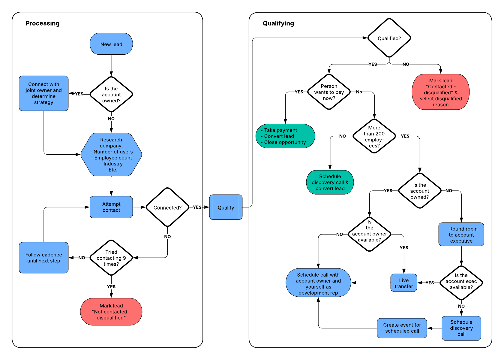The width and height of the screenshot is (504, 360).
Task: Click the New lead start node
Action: point(111,44)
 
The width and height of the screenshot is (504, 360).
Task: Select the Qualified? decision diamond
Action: point(389,38)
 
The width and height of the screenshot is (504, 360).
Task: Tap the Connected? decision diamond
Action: point(167,207)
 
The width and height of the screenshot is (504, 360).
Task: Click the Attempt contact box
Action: point(111,207)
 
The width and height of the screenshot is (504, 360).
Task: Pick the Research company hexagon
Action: point(111,155)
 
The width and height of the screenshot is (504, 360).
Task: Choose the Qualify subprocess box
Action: point(226,207)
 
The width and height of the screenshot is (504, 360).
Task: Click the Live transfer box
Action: point(404,283)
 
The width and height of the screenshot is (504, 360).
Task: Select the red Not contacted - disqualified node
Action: point(111,312)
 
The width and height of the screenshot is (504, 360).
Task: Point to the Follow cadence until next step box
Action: point(44,258)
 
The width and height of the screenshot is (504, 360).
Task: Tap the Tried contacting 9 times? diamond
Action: point(111,258)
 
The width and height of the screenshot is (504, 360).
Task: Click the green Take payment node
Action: point(285,136)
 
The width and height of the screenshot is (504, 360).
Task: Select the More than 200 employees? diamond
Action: point(374,136)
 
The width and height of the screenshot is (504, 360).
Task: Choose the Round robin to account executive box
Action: point(461,234)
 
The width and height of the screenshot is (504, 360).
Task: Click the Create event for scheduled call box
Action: point(402,328)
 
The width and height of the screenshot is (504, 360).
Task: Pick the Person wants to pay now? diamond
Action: point(329,92)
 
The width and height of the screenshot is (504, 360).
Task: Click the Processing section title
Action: point(43,23)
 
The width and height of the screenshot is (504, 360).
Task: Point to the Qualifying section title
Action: point(278,23)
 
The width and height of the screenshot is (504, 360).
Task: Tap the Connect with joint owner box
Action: point(44,93)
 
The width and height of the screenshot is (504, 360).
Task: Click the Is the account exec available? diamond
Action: point(461,283)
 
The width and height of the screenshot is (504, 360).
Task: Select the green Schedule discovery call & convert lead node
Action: point(330,182)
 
